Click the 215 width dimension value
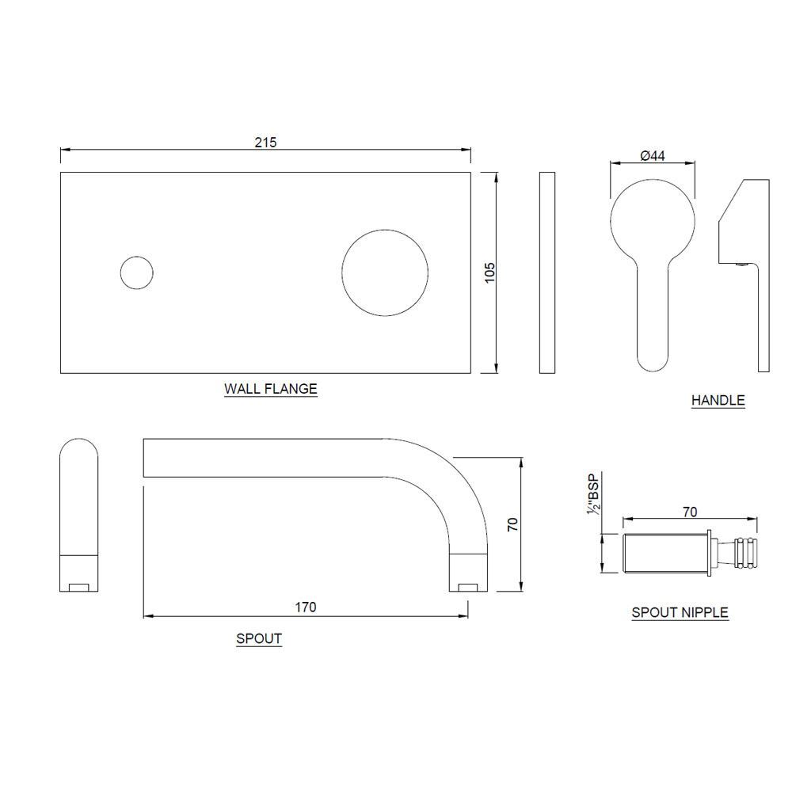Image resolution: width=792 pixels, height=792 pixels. (265, 143)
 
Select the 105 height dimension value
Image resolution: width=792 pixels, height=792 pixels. (489, 272)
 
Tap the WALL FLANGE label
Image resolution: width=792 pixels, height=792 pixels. (271, 389)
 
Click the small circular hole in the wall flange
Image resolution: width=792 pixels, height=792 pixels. (137, 272)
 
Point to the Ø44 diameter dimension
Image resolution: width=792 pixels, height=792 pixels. (653, 155)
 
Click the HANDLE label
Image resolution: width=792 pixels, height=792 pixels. (718, 401)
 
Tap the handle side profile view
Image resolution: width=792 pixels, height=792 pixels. (744, 276)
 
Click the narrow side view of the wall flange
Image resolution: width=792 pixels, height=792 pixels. (547, 272)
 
